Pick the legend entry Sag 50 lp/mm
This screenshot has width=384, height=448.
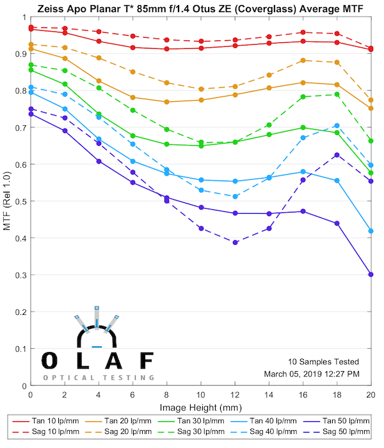[343, 432]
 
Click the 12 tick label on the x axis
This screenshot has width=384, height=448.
[236, 397]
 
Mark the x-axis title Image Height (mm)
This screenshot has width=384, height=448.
[200, 408]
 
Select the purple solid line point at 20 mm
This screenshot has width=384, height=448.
[371, 275]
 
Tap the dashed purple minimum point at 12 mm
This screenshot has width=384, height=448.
[236, 243]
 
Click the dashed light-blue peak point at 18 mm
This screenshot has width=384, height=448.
[337, 125]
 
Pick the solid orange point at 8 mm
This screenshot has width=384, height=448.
[167, 102]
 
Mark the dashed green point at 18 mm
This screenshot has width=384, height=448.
[337, 95]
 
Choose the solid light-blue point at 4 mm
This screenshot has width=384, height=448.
[99, 139]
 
